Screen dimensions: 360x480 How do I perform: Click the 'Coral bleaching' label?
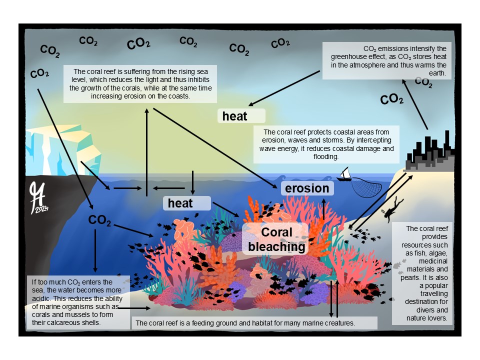276,239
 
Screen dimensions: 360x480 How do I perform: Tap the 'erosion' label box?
307,188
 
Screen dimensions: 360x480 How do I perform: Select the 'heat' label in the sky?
235,116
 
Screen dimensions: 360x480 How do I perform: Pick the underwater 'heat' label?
180,203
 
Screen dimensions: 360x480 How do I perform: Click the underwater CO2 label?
99,220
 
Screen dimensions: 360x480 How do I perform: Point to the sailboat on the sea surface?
345,174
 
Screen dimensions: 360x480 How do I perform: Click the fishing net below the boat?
362,187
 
